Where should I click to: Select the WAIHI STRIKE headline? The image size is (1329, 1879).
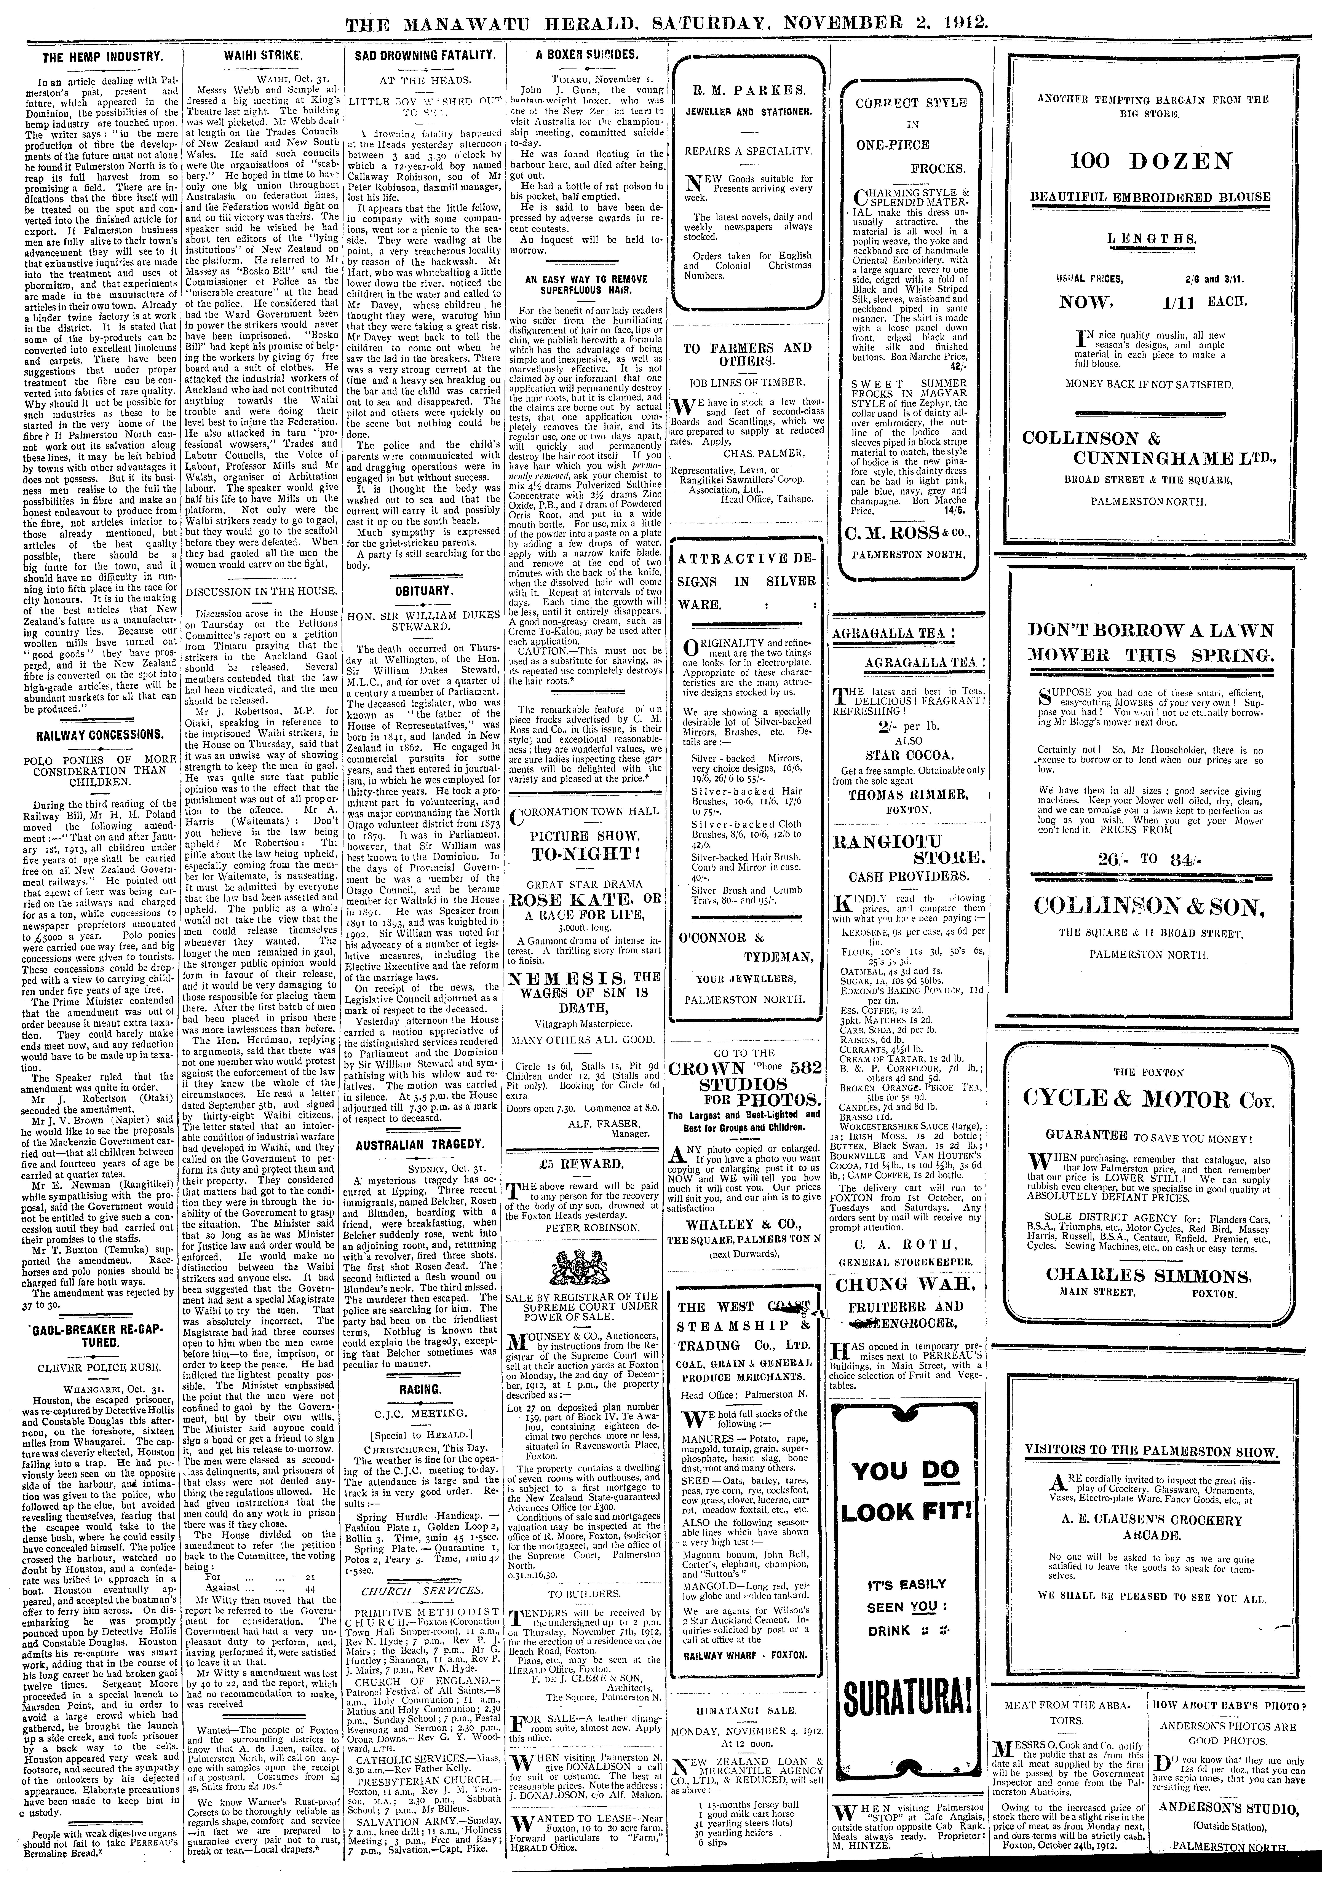click(x=259, y=57)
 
